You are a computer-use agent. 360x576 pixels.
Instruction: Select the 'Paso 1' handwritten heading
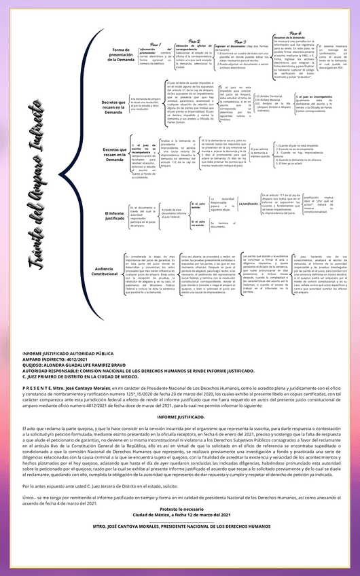point(155,44)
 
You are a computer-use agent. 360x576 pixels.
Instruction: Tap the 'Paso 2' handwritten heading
point(194,41)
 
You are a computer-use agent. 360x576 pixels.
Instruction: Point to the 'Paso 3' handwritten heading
point(239,41)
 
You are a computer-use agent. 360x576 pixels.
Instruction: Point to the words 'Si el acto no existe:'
point(198,223)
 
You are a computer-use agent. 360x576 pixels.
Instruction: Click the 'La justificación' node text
point(250,203)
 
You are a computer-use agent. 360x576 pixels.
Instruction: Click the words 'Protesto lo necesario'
point(181,509)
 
